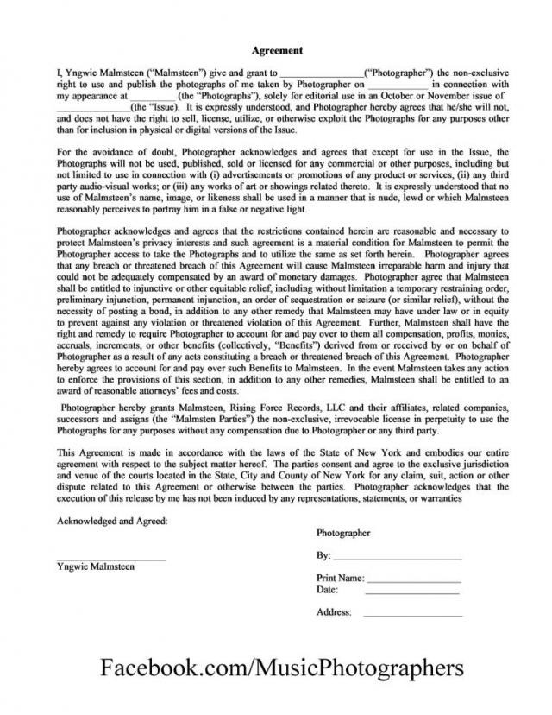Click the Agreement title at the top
click(276, 50)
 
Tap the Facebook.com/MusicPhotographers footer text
click(282, 668)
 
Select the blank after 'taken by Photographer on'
click(397, 85)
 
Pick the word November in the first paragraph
click(455, 97)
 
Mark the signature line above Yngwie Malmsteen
click(111, 560)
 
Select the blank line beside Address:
click(413, 615)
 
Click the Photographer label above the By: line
click(343, 534)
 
